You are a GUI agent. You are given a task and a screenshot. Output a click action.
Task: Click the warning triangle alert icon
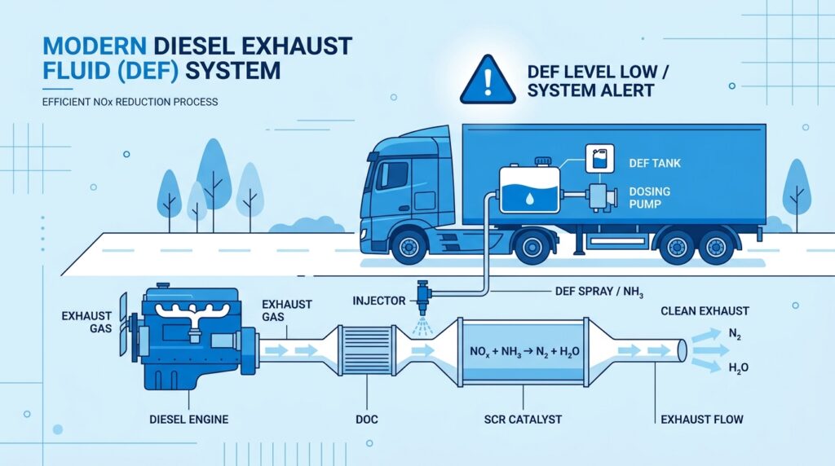pyautogui.click(x=488, y=81)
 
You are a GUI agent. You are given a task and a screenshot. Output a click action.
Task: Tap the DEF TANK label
pyautogui.click(x=655, y=163)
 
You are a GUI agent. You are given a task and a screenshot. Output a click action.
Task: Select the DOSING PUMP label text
pyautogui.click(x=650, y=197)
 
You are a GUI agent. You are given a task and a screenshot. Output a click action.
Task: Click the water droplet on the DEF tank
pyautogui.click(x=530, y=199)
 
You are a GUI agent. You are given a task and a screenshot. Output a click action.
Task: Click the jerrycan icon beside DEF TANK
pyautogui.click(x=599, y=159)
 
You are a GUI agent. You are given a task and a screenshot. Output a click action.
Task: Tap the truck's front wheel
pyautogui.click(x=409, y=247)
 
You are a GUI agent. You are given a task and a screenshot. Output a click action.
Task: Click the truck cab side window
pyautogui.click(x=392, y=174)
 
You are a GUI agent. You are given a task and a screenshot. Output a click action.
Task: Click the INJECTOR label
pyautogui.click(x=379, y=301)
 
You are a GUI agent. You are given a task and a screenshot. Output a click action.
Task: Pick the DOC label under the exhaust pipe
pyautogui.click(x=366, y=420)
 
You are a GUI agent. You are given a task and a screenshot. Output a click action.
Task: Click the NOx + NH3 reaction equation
pyautogui.click(x=524, y=352)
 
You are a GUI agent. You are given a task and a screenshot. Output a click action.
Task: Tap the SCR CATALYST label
pyautogui.click(x=523, y=420)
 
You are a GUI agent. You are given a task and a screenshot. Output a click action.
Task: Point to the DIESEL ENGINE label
pyautogui.click(x=189, y=420)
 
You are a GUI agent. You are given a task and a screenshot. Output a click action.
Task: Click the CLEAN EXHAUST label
pyautogui.click(x=705, y=311)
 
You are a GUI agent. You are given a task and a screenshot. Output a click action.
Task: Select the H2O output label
pyautogui.click(x=738, y=367)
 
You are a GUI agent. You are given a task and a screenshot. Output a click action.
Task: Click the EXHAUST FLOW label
pyautogui.click(x=702, y=420)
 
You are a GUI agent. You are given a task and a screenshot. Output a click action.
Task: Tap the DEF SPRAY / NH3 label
pyautogui.click(x=599, y=292)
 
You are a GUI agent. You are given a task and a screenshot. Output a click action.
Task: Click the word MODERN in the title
pyautogui.click(x=95, y=46)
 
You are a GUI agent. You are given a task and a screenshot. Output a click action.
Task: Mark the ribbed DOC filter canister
pyautogui.click(x=366, y=350)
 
